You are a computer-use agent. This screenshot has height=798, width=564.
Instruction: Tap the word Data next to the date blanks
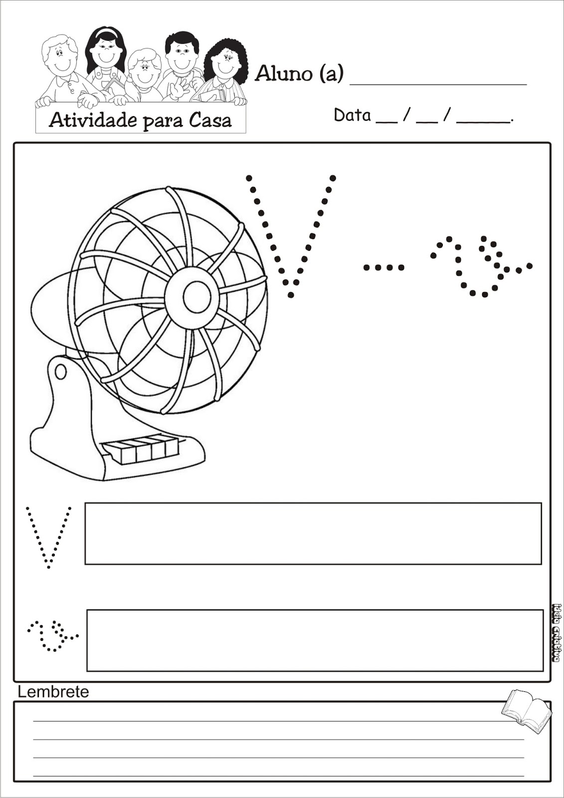click(x=352, y=115)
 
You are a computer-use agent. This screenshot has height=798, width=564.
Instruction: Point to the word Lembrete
click(x=53, y=692)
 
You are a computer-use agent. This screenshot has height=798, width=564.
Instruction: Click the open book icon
click(x=526, y=710)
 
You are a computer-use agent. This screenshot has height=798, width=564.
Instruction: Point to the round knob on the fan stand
click(x=60, y=372)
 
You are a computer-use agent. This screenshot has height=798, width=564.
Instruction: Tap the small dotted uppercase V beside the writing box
click(x=48, y=536)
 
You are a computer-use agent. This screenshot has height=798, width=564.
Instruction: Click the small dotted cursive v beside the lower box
click(x=52, y=635)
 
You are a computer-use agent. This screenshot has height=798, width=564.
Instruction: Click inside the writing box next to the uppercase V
click(x=313, y=534)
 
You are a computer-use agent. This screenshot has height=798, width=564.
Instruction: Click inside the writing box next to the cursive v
click(x=315, y=640)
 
